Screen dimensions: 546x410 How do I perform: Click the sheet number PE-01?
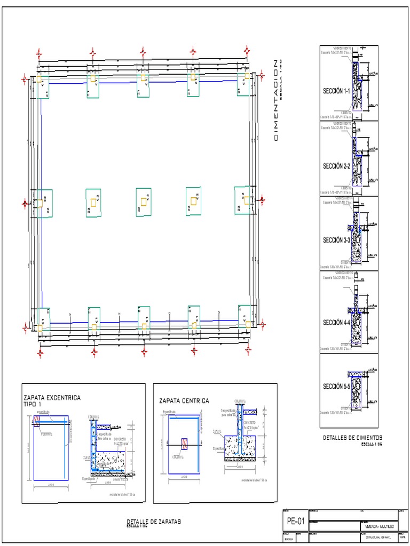(x=296, y=521)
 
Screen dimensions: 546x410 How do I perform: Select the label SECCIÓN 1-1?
(x=336, y=92)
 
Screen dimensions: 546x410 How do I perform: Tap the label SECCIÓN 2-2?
(x=336, y=166)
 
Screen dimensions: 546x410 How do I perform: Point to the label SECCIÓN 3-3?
(x=336, y=240)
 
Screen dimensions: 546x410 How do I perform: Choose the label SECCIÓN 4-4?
(x=336, y=323)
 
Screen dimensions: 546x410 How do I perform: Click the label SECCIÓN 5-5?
(x=336, y=386)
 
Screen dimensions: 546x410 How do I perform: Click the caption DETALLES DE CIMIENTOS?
(x=352, y=438)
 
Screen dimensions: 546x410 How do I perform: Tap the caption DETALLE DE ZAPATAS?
(x=153, y=521)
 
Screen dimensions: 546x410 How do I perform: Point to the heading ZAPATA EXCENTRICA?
(x=52, y=398)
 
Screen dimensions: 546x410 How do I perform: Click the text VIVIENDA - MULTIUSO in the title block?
(x=377, y=526)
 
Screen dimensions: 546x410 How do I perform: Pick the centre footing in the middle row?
(x=144, y=202)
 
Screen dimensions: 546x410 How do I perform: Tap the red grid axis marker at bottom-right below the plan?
(x=248, y=350)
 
